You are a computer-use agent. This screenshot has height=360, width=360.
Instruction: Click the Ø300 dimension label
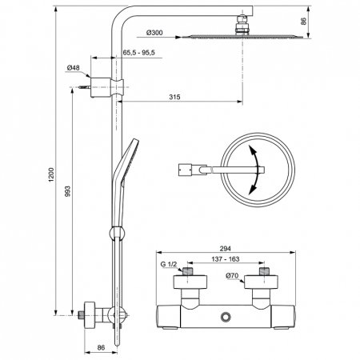pos(154,33)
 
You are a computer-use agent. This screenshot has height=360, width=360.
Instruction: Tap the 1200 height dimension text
pos(51,174)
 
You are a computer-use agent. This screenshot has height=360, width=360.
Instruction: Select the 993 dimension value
pos(68,191)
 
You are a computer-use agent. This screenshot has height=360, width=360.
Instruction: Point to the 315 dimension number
pos(174,97)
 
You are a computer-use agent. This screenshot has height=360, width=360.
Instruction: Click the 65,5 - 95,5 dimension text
pos(138,53)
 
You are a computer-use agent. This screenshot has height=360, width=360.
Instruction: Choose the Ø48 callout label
pos(73,68)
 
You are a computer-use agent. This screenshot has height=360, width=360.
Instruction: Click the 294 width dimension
pos(226,249)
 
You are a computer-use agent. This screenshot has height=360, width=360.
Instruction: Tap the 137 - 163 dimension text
pos(226,259)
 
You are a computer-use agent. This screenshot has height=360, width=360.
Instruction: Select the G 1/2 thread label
pos(169,264)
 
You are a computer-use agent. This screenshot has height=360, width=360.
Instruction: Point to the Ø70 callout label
pos(232,276)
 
